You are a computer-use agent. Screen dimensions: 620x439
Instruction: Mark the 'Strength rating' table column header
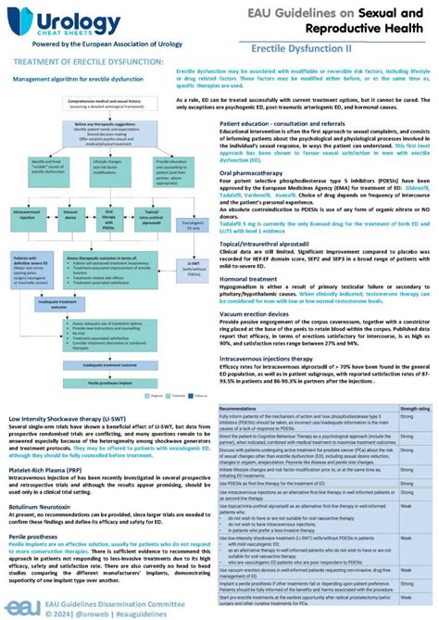[414, 407]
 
